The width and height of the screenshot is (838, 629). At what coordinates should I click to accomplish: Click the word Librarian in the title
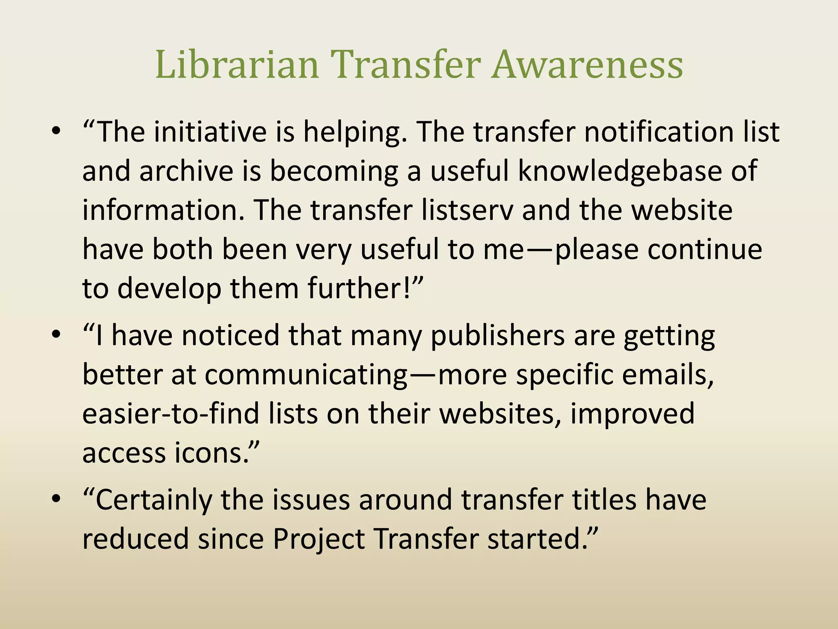coord(237,64)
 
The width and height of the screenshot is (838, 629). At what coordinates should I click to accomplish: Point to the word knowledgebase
coord(620,171)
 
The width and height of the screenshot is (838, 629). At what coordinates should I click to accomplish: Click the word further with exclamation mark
coord(360,288)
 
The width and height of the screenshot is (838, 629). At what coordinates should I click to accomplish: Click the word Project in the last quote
coord(318,539)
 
